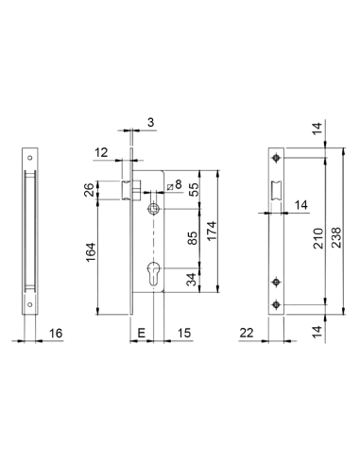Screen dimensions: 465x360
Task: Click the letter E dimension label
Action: [x=140, y=332]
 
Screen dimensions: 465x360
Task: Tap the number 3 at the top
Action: [x=150, y=121]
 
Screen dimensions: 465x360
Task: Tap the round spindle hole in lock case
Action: [x=150, y=208]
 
